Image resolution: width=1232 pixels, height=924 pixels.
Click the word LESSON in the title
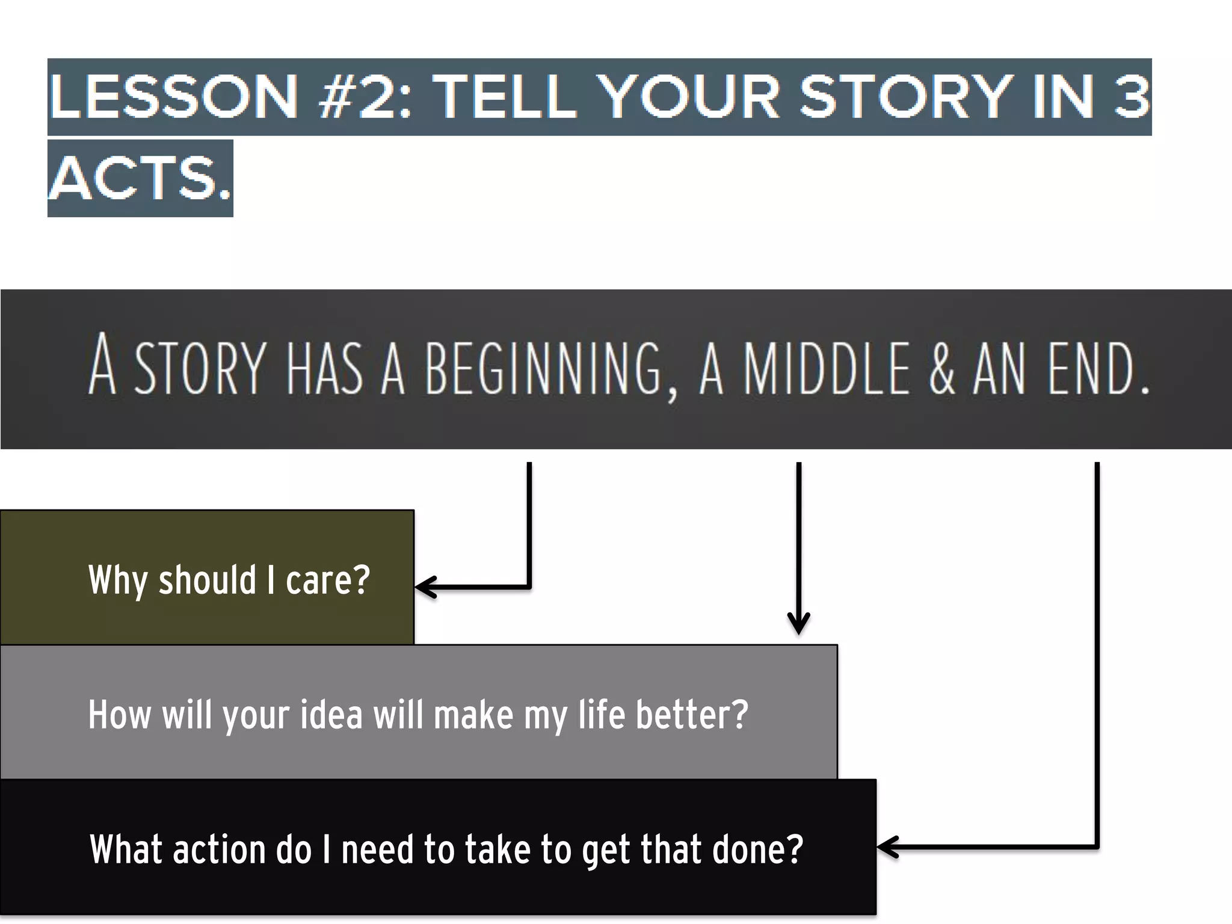pos(174,97)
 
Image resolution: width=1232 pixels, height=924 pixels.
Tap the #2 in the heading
pos(356,97)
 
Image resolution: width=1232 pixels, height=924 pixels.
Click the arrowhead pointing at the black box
pos(887,846)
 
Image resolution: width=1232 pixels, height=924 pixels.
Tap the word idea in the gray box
pos(331,715)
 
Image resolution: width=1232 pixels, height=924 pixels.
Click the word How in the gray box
pos(119,715)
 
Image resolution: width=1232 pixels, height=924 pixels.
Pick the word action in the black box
pos(220,849)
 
